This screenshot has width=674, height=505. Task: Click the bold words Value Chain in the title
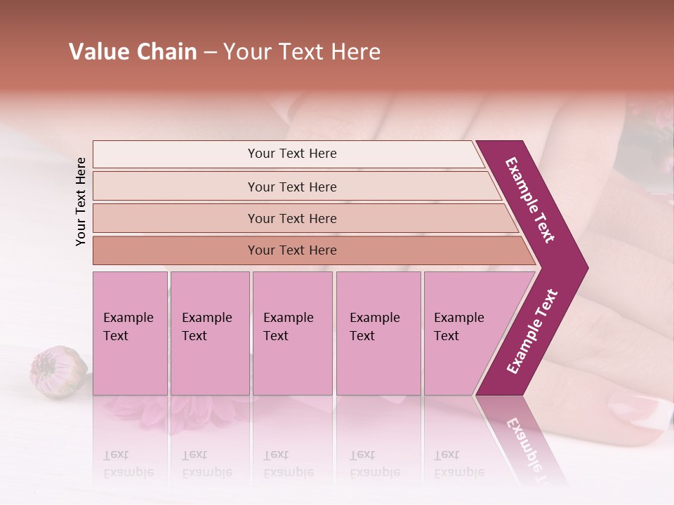tap(133, 52)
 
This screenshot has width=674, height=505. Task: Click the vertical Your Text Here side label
tap(81, 201)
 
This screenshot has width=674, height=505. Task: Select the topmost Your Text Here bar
tap(291, 154)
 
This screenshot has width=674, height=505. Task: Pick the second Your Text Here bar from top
tap(291, 187)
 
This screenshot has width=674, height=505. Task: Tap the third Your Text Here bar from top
tap(291, 218)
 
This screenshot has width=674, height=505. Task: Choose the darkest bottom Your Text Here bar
tap(291, 250)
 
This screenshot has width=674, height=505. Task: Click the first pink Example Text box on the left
tap(130, 333)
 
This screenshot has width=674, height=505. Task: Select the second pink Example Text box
tap(209, 333)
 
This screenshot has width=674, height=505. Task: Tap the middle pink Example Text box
tap(292, 333)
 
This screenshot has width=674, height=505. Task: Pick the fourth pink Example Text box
tap(378, 333)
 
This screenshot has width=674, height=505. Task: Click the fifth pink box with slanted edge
tap(463, 333)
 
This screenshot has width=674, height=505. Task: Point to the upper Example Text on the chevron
tap(531, 199)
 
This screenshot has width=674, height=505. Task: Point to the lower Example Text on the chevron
tap(532, 331)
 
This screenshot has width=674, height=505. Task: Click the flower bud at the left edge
tap(58, 372)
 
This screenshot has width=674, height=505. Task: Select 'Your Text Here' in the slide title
tap(302, 52)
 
